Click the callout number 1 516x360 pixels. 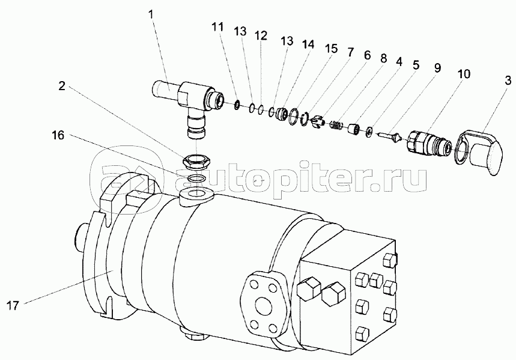point(151,14)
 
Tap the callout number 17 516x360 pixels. point(13,306)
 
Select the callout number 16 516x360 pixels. point(58,135)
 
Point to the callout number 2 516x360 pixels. point(62,87)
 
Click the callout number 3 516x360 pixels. point(508,80)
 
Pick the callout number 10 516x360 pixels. point(464,75)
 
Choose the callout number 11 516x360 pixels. point(217,26)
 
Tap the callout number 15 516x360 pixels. point(332,49)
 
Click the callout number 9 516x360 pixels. point(437,68)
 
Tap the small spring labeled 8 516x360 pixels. point(335,125)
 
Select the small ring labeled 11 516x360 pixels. point(237,105)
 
